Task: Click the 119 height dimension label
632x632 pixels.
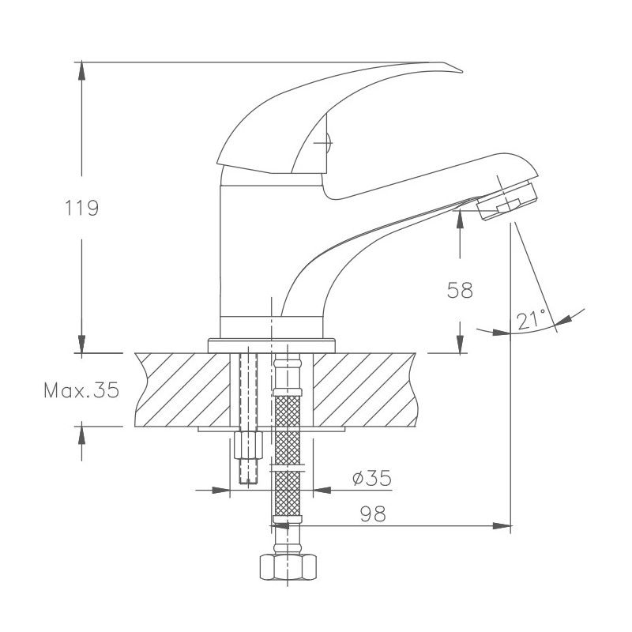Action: point(81,209)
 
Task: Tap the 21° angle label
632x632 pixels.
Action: point(532,319)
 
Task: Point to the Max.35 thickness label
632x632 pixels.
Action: point(81,390)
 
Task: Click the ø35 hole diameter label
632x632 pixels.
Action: point(371,478)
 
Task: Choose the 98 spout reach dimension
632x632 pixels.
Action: point(372,513)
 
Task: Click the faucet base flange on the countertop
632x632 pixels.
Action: point(272,345)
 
